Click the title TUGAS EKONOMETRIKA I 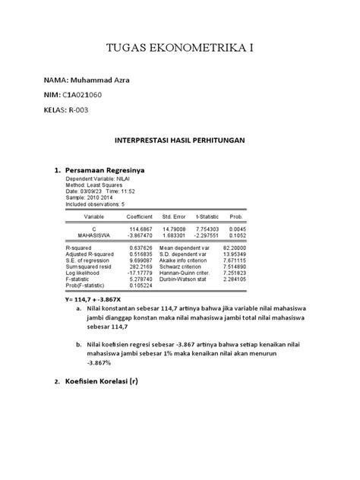click(179, 48)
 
